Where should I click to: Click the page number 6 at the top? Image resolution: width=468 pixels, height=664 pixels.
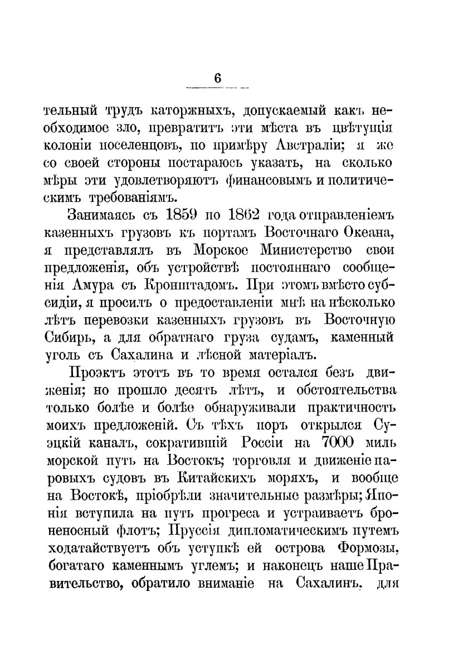coord(217,79)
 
